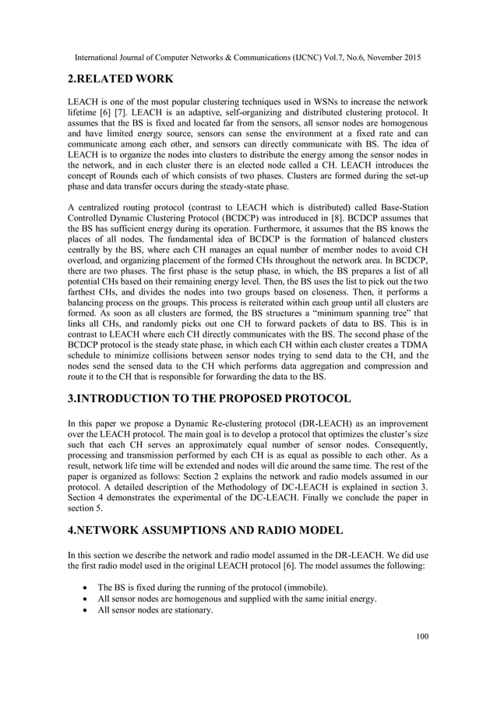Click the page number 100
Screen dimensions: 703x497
422,637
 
